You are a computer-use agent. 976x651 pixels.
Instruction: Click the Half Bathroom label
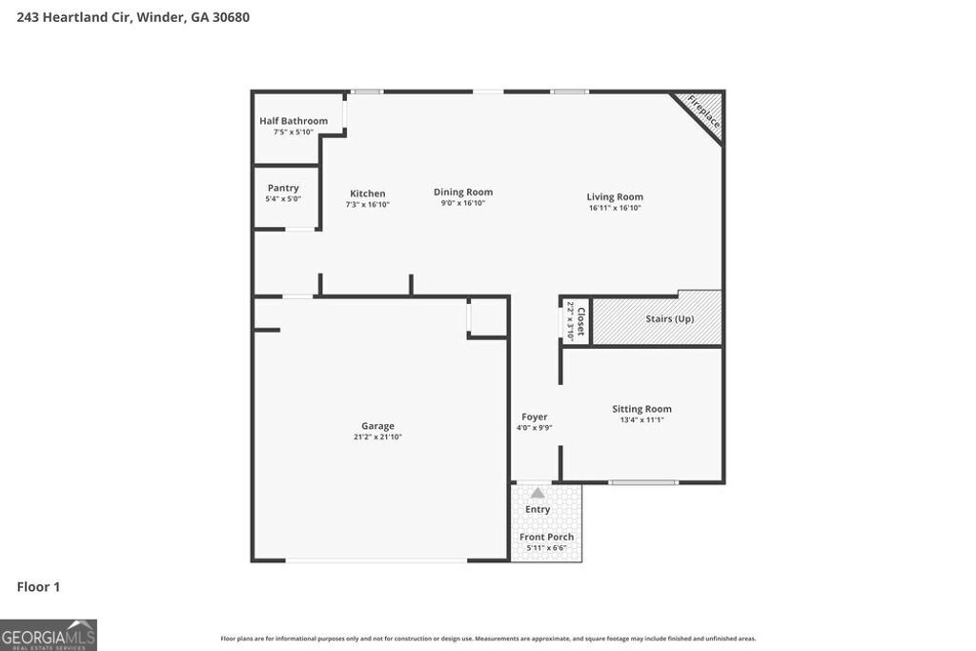tap(294, 121)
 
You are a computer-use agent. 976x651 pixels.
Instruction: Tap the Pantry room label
tap(283, 188)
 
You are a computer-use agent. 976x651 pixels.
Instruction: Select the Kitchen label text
tap(367, 193)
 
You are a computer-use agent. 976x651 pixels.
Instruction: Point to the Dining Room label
tap(463, 192)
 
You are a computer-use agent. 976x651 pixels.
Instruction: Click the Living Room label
tap(615, 197)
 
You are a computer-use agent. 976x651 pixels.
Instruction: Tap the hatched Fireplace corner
tap(704, 113)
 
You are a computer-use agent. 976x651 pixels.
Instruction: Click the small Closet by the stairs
tap(576, 320)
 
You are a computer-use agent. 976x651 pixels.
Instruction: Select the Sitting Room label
tap(641, 409)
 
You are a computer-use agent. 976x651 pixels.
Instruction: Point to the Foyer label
tap(534, 417)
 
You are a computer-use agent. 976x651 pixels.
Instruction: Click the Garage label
tap(377, 426)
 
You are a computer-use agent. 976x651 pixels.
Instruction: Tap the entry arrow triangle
tap(538, 493)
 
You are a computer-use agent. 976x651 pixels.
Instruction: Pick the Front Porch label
tap(546, 537)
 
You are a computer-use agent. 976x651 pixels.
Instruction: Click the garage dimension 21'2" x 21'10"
tap(377, 437)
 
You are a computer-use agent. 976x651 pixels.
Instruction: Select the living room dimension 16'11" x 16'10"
tap(615, 208)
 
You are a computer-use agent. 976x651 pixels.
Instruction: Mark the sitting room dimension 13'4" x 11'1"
tap(641, 419)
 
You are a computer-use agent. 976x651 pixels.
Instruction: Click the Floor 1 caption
tap(38, 587)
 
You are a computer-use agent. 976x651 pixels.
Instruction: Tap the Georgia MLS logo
tap(49, 635)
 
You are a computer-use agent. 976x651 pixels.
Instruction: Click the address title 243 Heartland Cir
tap(133, 17)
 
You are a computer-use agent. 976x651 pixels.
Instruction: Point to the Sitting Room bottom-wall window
tap(643, 482)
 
